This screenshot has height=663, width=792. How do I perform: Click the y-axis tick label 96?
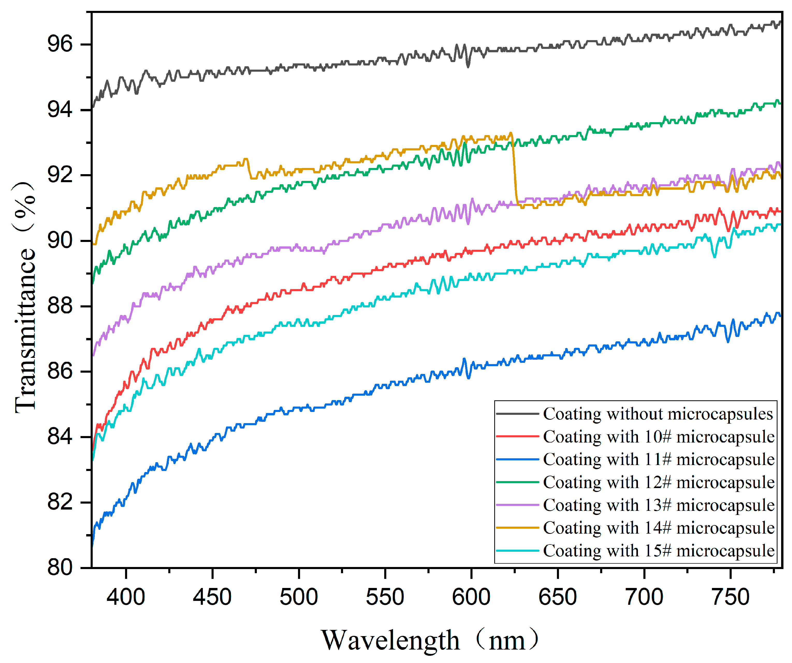(x=60, y=45)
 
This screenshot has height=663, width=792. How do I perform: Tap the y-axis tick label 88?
(x=60, y=306)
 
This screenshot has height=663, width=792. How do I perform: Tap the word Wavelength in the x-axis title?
(x=390, y=640)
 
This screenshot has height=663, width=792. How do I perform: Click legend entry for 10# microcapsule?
(x=658, y=437)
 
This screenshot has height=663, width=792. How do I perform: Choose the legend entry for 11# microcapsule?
(x=658, y=459)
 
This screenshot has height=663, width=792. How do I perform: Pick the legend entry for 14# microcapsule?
(x=658, y=528)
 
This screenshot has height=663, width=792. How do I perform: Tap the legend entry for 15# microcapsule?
(x=658, y=551)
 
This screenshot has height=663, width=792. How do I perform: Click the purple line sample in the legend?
(x=518, y=505)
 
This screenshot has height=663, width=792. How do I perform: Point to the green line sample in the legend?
(x=518, y=482)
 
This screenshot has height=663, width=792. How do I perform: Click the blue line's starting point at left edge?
(x=93, y=543)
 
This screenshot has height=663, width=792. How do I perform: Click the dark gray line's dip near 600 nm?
(x=468, y=66)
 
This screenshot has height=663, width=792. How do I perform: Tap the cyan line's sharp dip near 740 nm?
(x=714, y=256)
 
